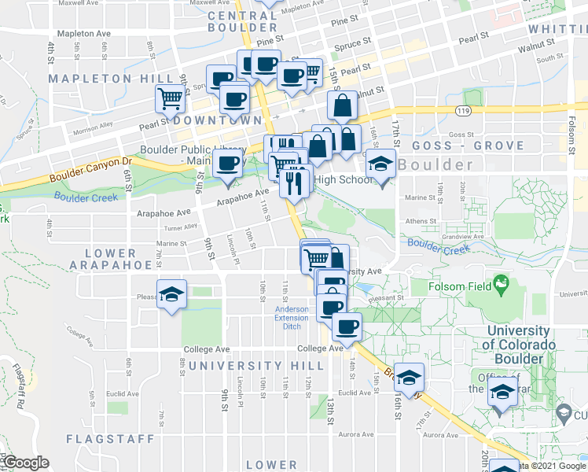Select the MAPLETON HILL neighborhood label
(x=111, y=79)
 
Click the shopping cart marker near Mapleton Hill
(x=171, y=99)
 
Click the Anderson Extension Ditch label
(x=292, y=317)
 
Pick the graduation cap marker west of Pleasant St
(x=171, y=294)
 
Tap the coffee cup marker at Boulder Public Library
(x=228, y=164)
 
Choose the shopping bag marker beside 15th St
(x=343, y=105)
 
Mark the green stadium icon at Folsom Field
(x=501, y=282)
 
